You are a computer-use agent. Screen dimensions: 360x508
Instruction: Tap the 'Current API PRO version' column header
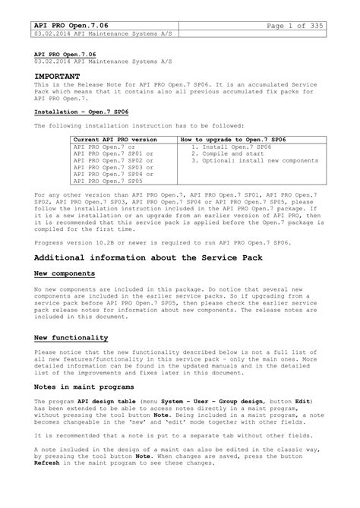point(115,140)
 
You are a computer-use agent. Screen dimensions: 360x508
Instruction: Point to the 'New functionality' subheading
point(71,336)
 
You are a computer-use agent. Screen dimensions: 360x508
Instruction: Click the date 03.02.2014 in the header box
point(52,37)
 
